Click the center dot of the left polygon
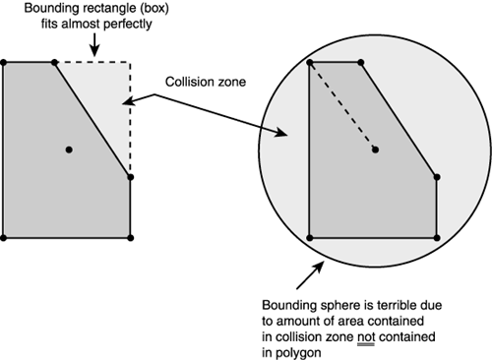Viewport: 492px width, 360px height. pyautogui.click(x=68, y=150)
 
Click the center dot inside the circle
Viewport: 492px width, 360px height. pyautogui.click(x=374, y=150)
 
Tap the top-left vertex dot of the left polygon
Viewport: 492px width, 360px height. pyautogui.click(x=5, y=62)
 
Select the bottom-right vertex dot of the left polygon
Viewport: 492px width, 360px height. pyautogui.click(x=130, y=237)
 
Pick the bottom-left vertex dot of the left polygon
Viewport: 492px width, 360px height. pyautogui.click(x=5, y=237)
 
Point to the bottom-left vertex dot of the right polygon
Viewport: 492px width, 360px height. pyautogui.click(x=310, y=237)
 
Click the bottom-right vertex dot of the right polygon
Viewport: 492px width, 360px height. pyautogui.click(x=436, y=237)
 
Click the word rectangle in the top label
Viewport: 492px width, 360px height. pyautogui.click(x=106, y=11)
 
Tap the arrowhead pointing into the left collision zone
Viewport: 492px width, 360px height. pyautogui.click(x=124, y=101)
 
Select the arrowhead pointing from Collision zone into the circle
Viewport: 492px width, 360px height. pyautogui.click(x=282, y=135)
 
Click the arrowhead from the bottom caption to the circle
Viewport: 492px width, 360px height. pyautogui.click(x=317, y=262)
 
